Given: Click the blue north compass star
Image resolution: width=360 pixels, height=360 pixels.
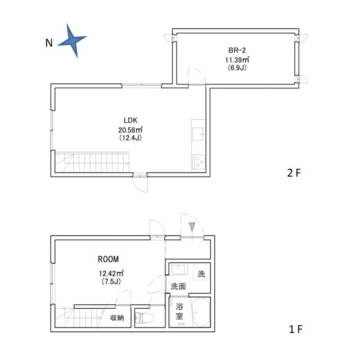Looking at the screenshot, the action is pyautogui.click(x=72, y=40).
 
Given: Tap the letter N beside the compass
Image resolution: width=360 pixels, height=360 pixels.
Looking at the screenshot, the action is pyautogui.click(x=49, y=43).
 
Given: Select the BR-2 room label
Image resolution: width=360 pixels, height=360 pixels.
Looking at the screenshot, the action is pyautogui.click(x=237, y=50).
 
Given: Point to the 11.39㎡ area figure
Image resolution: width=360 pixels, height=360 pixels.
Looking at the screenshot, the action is pyautogui.click(x=237, y=60).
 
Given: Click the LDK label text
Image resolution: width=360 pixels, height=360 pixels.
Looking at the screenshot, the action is pyautogui.click(x=130, y=120).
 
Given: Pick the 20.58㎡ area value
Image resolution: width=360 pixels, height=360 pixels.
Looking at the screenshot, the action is pyautogui.click(x=130, y=130).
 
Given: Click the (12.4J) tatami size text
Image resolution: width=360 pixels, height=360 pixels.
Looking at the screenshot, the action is pyautogui.click(x=130, y=138).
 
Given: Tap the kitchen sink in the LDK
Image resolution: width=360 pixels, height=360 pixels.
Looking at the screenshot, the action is pyautogui.click(x=197, y=134).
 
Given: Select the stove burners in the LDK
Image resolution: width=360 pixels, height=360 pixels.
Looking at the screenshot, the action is pyautogui.click(x=199, y=161).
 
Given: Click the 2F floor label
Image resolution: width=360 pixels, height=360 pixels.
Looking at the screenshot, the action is pyautogui.click(x=294, y=173).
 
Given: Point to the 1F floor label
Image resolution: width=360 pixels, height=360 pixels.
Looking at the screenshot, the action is pyautogui.click(x=296, y=329).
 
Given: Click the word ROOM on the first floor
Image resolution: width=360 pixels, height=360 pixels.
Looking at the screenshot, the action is pyautogui.click(x=109, y=259).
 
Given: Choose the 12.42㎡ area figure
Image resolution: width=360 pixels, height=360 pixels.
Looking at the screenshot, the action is pyautogui.click(x=111, y=273).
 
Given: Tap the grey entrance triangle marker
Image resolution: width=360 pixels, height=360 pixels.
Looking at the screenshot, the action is pyautogui.click(x=192, y=227).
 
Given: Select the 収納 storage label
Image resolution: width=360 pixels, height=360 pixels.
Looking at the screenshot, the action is pyautogui.click(x=117, y=318).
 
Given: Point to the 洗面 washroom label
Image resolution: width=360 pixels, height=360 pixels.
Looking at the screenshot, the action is pyautogui.click(x=178, y=286).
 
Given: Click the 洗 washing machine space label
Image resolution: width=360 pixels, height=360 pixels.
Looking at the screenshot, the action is pyautogui.click(x=201, y=274).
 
